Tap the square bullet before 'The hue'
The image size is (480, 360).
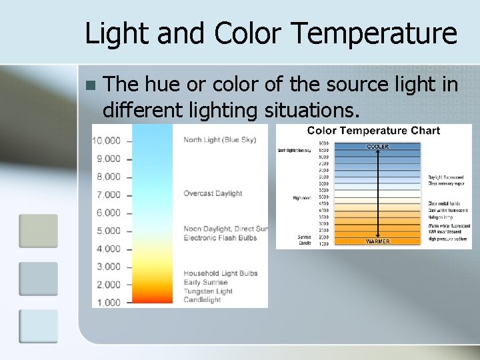[91, 85]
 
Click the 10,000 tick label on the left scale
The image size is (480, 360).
[106, 141]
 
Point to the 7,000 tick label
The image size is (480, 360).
[109, 195]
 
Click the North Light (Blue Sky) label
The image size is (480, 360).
[220, 140]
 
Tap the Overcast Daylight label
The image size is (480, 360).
[213, 194]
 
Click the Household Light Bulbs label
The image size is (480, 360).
[220, 273]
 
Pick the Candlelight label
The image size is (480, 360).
[203, 300]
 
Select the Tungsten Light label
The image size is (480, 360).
[208, 291]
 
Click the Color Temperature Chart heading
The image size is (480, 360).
[373, 131]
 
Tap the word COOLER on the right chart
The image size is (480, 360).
[377, 147]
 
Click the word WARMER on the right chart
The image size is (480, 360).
[377, 241]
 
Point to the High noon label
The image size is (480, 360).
[301, 198]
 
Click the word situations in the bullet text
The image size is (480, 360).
[298, 109]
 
